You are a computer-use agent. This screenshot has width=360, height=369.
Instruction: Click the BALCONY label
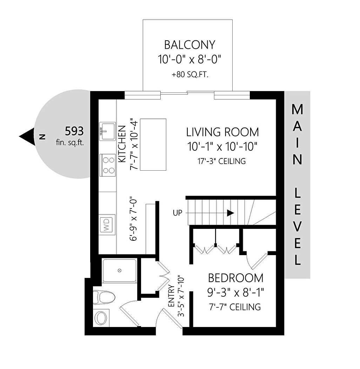[x=190, y=45]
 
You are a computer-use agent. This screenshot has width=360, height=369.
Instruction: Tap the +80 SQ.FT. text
[x=190, y=75]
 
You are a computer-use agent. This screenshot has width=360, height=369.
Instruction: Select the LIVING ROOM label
[x=222, y=132]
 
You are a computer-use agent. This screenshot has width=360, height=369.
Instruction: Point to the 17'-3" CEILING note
[x=221, y=161]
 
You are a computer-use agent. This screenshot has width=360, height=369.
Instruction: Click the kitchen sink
[x=107, y=131]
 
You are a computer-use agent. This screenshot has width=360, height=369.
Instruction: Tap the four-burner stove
[x=108, y=165]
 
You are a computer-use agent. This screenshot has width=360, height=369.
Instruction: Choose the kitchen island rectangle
[x=153, y=144]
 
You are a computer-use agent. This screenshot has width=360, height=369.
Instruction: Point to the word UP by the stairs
[x=178, y=213]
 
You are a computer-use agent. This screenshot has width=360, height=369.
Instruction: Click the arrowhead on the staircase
[x=231, y=213]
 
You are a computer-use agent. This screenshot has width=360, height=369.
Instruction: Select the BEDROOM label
[x=235, y=278]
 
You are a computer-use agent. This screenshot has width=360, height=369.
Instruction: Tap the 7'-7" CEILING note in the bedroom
[x=235, y=307]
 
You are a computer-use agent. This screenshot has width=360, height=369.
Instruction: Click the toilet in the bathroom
[x=104, y=297]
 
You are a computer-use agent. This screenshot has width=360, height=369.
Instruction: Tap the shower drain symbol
[x=119, y=271]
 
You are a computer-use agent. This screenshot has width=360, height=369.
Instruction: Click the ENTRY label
[x=171, y=296]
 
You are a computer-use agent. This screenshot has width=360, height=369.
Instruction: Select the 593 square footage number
[x=74, y=131]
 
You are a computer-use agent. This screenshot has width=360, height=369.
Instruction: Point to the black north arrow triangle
[x=27, y=137]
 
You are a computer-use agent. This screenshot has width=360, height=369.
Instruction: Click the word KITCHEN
[x=122, y=144]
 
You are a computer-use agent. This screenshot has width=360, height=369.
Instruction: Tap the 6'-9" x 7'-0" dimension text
[x=133, y=220]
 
